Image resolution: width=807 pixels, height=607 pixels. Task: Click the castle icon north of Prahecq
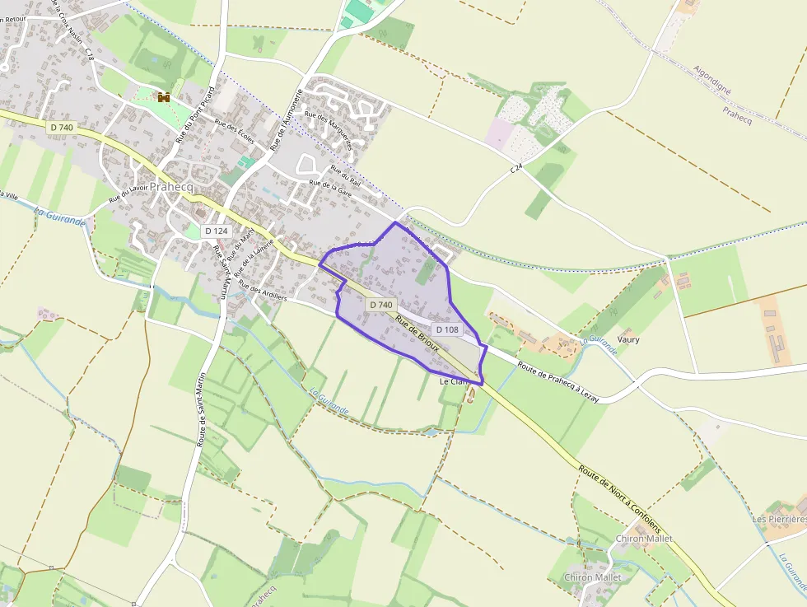[163, 97]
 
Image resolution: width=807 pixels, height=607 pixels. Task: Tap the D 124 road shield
[216, 231]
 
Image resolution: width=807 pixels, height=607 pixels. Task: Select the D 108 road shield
[447, 329]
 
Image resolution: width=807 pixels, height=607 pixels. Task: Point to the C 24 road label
[516, 168]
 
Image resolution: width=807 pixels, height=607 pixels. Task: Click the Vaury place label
[628, 339]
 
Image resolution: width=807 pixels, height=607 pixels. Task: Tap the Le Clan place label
[454, 382]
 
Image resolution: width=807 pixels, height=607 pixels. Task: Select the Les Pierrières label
[778, 520]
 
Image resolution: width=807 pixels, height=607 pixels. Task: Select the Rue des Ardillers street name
[262, 292]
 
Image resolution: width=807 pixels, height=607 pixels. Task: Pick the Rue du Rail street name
[345, 176]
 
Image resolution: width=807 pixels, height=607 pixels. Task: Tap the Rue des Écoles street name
[235, 132]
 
